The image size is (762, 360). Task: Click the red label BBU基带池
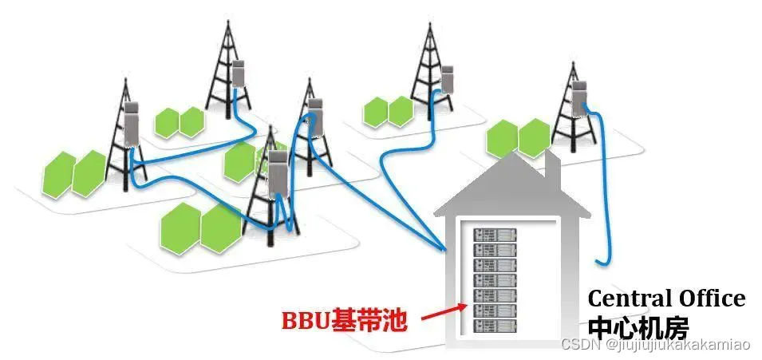point(344,321)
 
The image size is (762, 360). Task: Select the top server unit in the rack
point(495,235)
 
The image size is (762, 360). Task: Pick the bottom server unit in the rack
point(495,326)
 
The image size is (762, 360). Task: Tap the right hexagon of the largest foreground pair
point(221,227)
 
